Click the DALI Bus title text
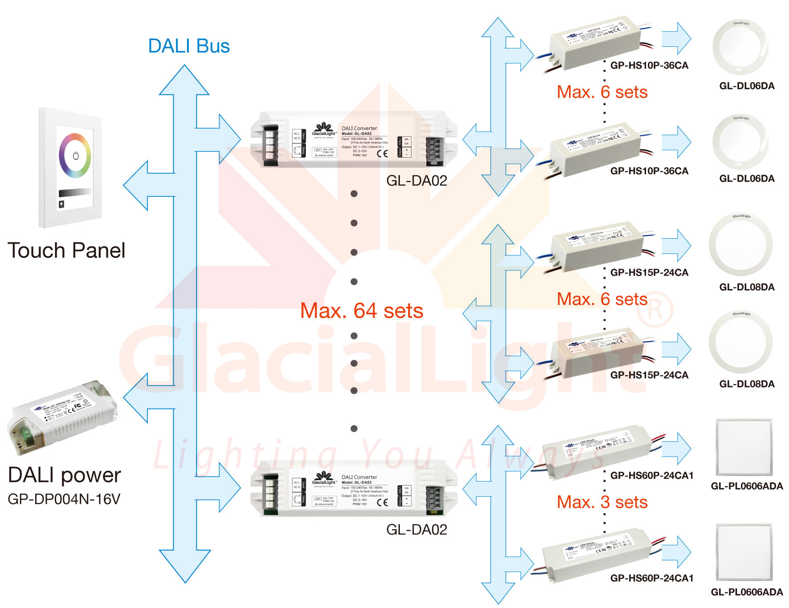(x=189, y=46)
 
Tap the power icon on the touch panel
(x=75, y=156)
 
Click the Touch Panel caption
(x=66, y=250)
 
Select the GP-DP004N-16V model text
(x=64, y=499)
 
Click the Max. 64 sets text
(x=362, y=311)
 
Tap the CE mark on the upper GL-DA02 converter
(x=382, y=154)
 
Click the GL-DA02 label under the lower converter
(x=416, y=530)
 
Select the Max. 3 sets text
(x=602, y=502)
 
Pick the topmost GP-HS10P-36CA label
(x=649, y=65)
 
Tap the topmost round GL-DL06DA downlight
(x=740, y=48)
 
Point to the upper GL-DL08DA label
(x=747, y=287)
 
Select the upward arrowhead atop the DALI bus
(x=184, y=80)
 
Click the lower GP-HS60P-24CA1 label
(x=651, y=578)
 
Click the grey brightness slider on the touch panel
(x=75, y=192)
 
